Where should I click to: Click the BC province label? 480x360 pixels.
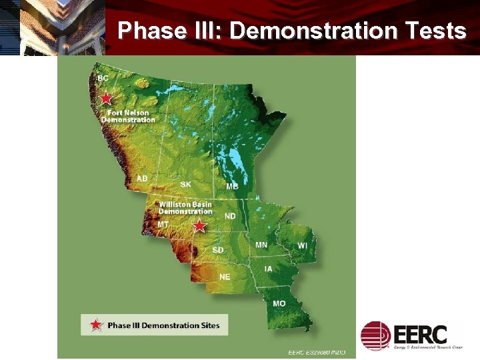click(103, 79)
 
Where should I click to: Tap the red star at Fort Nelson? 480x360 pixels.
click(106, 99)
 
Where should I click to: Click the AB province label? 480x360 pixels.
click(142, 179)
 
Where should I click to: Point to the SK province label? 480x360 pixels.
click(185, 184)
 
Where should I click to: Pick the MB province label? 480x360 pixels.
click(231, 186)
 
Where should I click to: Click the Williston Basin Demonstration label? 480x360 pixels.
click(185, 207)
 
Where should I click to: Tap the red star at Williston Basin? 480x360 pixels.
click(199, 226)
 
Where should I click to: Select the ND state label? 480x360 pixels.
click(230, 217)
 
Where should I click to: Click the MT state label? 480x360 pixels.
click(163, 225)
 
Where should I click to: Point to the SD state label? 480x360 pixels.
click(218, 250)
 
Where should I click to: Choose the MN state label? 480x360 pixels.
click(261, 245)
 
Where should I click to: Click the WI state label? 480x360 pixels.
click(303, 246)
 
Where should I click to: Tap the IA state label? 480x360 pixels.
click(268, 269)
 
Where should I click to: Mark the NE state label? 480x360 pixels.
click(225, 277)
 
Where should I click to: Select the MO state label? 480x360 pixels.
click(279, 304)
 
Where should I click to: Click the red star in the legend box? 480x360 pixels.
click(96, 325)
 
